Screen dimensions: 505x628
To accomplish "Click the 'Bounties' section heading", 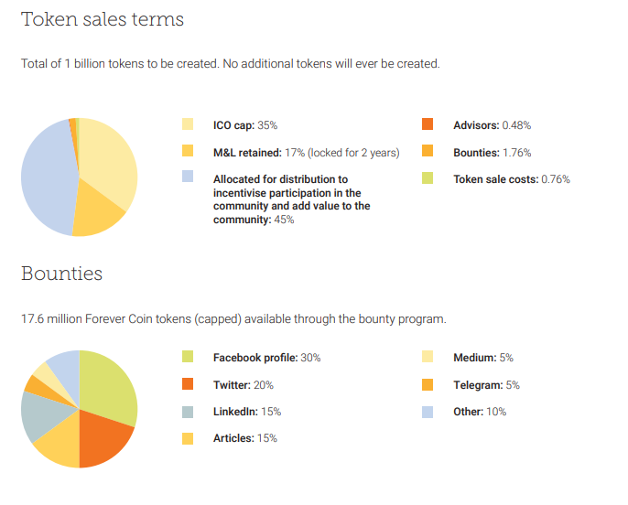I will click(61, 274).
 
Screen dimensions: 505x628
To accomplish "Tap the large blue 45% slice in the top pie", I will click(46, 178).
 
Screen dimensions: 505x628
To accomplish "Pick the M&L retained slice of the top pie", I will click(96, 210).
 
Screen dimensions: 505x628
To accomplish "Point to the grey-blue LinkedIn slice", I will click(38, 416).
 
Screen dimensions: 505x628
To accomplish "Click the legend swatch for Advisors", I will click(428, 124).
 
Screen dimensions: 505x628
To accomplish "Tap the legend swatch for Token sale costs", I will click(428, 179).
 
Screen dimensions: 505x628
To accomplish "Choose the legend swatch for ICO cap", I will click(188, 124).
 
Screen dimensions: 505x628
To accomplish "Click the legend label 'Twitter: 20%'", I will click(243, 385).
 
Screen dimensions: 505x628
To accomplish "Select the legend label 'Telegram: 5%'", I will click(486, 385).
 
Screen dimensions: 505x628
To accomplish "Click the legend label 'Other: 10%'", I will click(480, 412).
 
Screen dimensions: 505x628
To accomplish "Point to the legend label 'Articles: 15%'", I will click(244, 438).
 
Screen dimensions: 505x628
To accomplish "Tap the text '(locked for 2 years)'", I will click(354, 153).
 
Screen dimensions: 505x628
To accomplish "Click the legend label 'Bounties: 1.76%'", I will click(492, 153).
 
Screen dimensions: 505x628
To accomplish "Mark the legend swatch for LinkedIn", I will click(188, 412).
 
